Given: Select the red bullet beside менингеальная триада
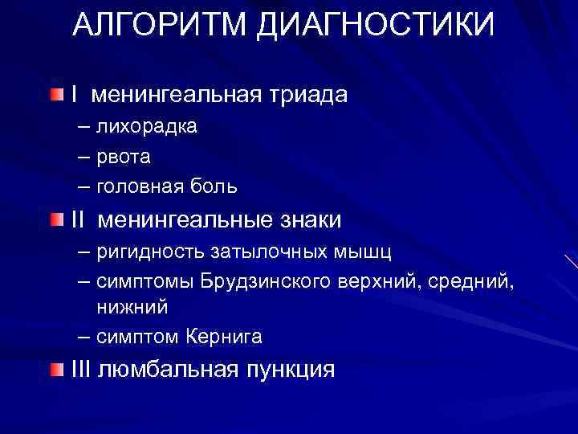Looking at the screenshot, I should (55, 96).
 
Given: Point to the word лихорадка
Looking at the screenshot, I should (147, 127).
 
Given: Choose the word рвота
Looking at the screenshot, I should (124, 157).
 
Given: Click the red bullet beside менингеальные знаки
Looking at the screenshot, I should (55, 219).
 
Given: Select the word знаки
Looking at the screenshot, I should (307, 219).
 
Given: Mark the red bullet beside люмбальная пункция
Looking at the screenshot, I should (55, 369).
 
